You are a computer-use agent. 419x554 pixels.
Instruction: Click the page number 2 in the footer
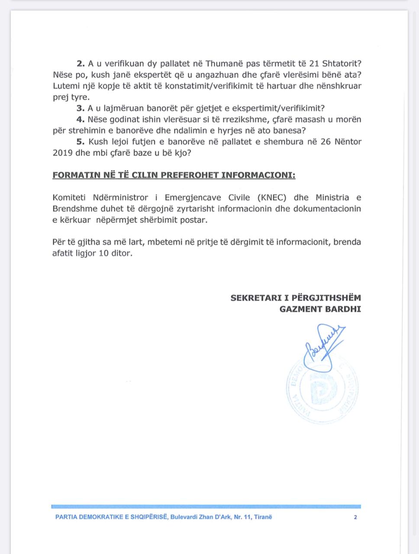(355, 517)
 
